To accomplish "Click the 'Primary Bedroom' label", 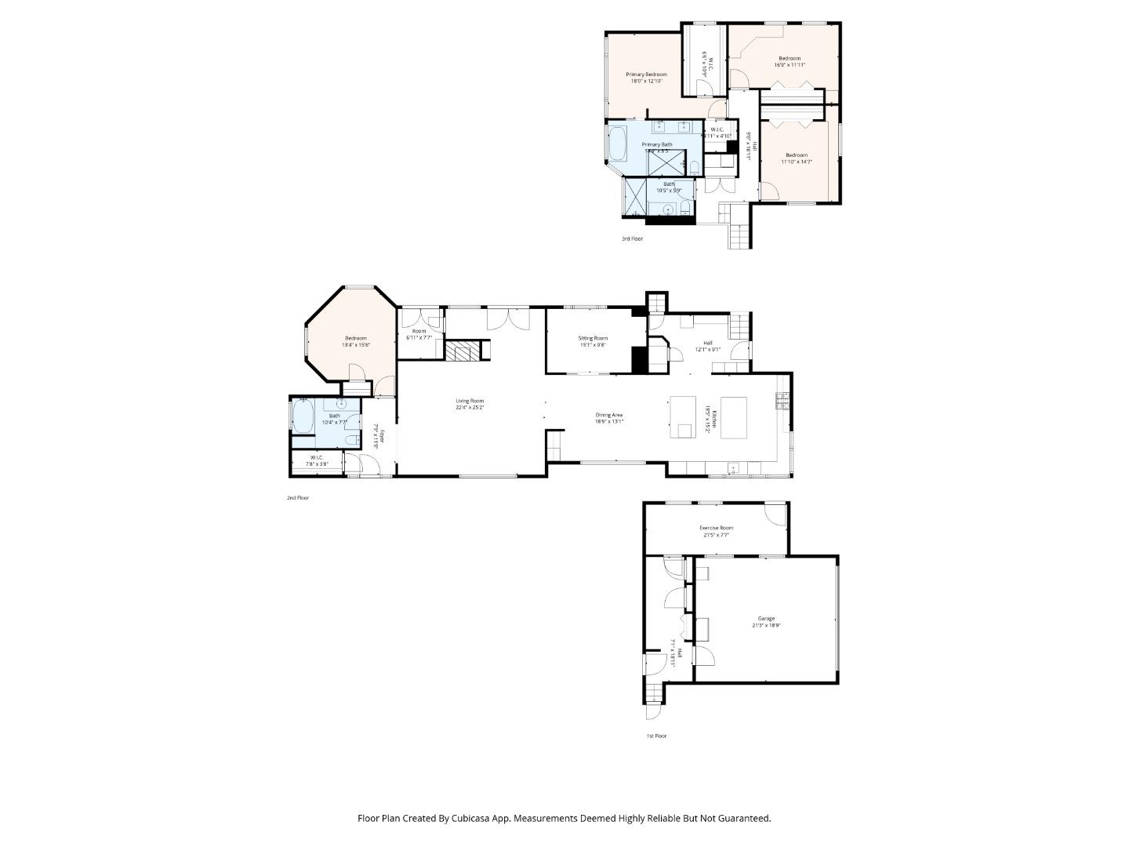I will click(x=646, y=75).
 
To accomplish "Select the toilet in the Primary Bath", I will click(x=695, y=165).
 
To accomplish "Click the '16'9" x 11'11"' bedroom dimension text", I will click(x=790, y=65).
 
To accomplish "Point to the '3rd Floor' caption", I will click(x=632, y=238).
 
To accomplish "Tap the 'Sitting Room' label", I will click(x=593, y=338).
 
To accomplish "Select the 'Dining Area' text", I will click(x=609, y=415).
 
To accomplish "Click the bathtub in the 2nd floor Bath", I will click(x=303, y=416).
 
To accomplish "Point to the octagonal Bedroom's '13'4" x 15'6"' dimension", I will click(x=355, y=345).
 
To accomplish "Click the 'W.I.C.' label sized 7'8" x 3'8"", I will click(x=317, y=457).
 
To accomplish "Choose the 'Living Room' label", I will click(x=470, y=401).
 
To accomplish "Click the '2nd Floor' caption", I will click(x=298, y=498).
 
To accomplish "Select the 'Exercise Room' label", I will click(x=716, y=528).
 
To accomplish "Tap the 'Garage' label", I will click(x=766, y=619).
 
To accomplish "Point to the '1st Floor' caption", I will click(x=656, y=736).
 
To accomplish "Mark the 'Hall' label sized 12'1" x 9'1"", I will click(x=707, y=343).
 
